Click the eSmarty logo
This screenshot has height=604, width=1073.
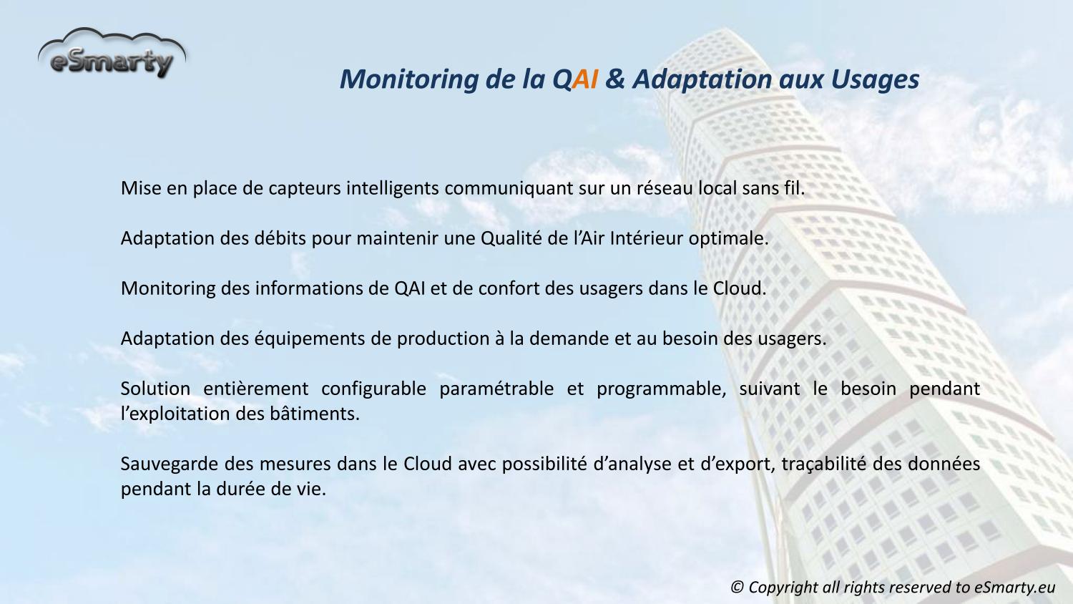pos(112,54)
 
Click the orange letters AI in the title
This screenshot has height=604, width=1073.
pos(585,79)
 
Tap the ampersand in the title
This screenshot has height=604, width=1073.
pos(615,79)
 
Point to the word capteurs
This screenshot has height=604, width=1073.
pos(305,189)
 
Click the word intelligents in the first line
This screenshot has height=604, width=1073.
pos(393,189)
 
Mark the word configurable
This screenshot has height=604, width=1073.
pos(373,389)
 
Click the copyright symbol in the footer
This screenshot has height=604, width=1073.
pos(738,588)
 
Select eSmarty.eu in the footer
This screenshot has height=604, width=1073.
pos(1014,588)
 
